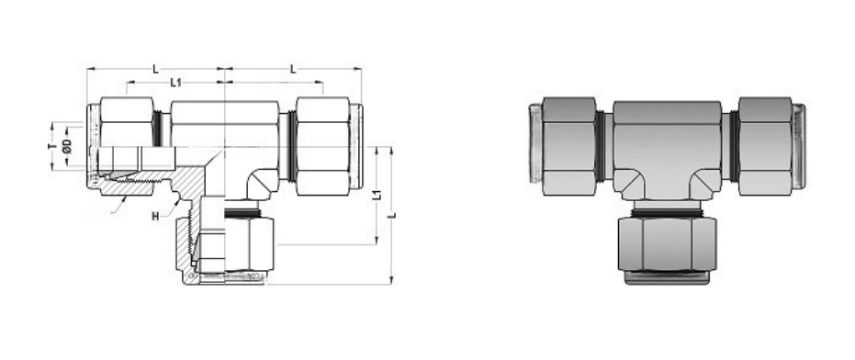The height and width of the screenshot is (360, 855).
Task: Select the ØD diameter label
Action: (x=66, y=148)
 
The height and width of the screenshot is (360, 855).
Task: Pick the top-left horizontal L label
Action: (x=155, y=69)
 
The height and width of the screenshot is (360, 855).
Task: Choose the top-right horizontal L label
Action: (x=292, y=69)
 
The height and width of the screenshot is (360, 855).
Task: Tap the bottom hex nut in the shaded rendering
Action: (x=667, y=242)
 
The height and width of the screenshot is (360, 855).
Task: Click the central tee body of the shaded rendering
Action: (x=667, y=147)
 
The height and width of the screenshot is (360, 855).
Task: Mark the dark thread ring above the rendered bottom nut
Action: (x=667, y=208)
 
